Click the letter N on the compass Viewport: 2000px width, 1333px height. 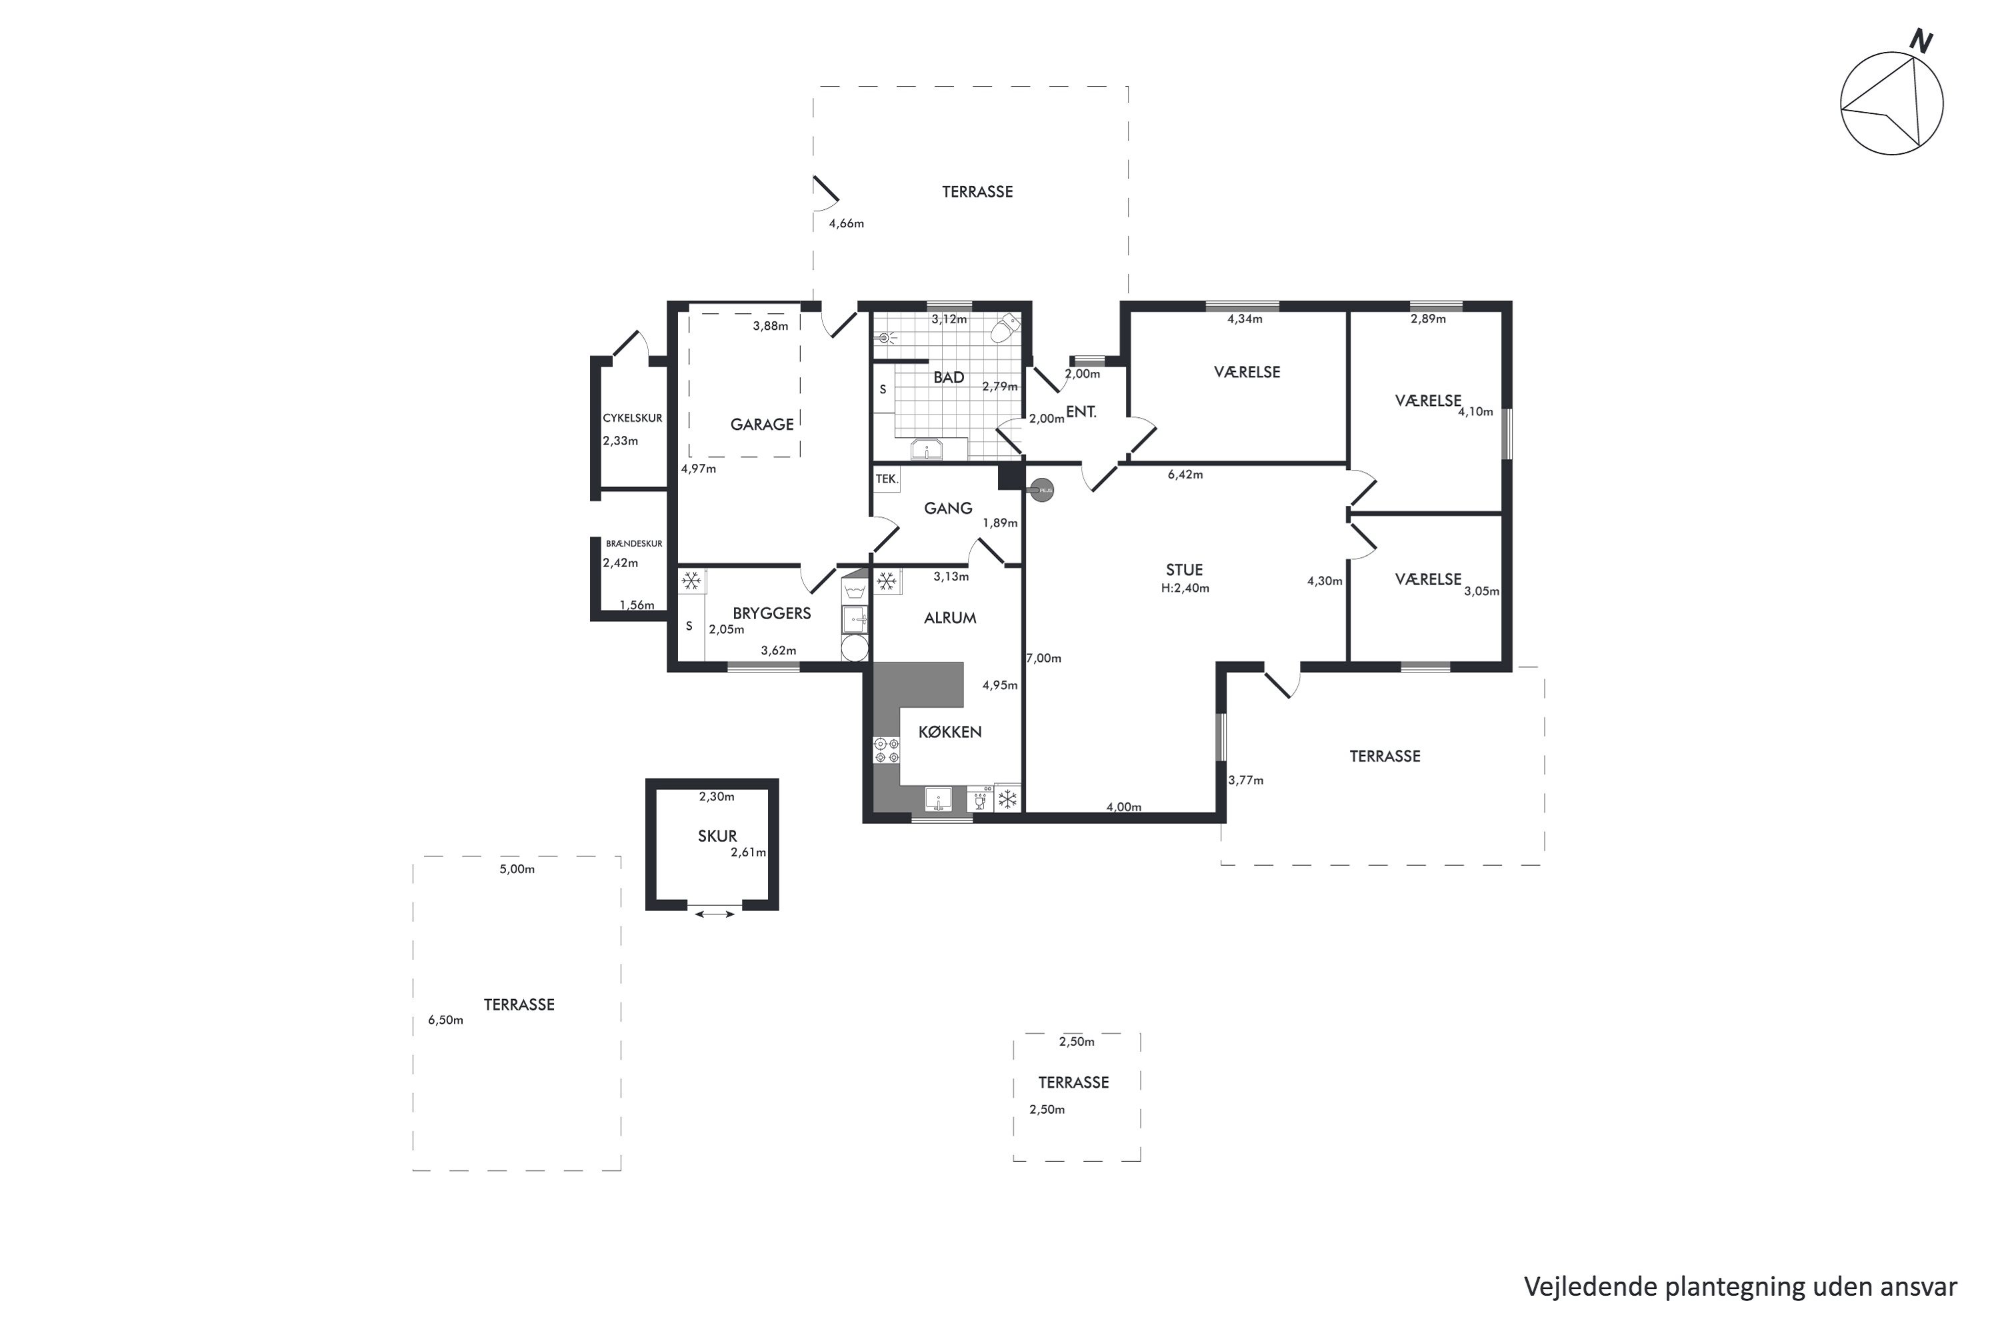click(1921, 41)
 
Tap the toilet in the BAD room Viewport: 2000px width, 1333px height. click(1005, 327)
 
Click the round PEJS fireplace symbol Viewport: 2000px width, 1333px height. click(1041, 491)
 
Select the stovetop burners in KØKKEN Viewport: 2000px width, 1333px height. click(887, 750)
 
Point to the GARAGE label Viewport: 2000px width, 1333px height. click(762, 424)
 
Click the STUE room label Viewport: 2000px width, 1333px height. click(1185, 570)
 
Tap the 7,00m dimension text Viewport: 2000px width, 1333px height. click(1043, 658)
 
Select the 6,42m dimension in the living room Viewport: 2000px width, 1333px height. click(1185, 475)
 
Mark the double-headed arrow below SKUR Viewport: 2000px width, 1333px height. click(715, 914)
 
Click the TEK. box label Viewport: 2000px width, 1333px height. click(886, 479)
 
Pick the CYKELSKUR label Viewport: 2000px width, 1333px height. click(633, 419)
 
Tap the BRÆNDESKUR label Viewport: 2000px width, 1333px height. click(635, 543)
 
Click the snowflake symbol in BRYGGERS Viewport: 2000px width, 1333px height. click(692, 581)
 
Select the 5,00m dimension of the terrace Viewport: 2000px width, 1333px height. click(517, 869)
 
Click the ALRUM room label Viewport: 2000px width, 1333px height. click(950, 618)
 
